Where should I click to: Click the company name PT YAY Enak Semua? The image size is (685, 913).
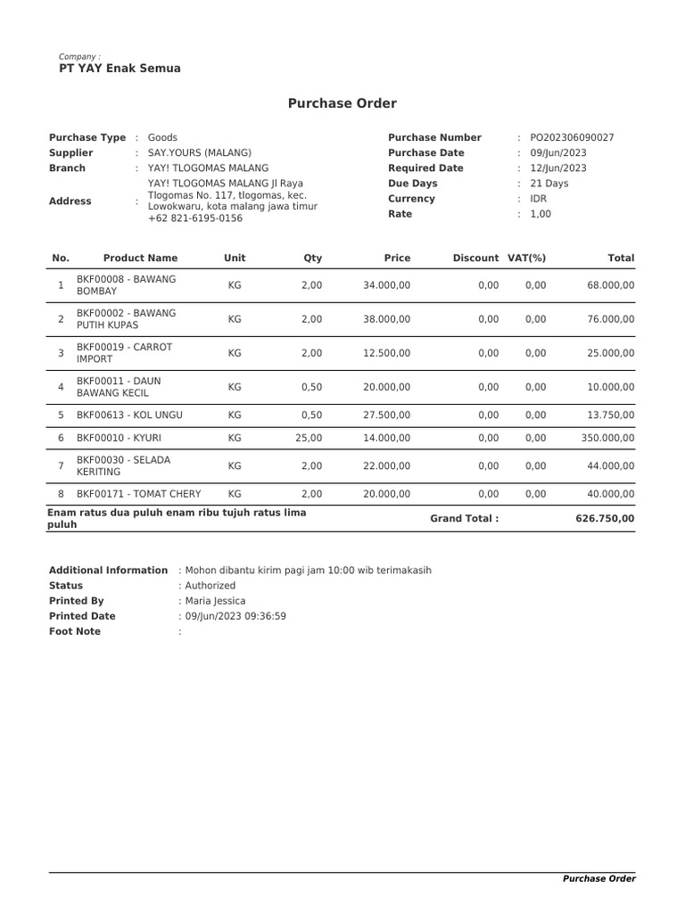point(120,69)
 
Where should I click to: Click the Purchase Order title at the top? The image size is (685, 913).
point(342,103)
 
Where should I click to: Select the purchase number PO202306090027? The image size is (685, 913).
point(572,137)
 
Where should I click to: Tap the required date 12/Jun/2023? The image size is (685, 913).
point(558,168)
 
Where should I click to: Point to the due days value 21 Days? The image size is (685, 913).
point(549,184)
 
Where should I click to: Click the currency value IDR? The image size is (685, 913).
point(539,199)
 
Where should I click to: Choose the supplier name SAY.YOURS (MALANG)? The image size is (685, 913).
point(200,152)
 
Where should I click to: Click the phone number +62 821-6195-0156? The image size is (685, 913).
point(194,218)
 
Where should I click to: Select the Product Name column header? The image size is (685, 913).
point(140,258)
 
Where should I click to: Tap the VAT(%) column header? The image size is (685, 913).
point(526,258)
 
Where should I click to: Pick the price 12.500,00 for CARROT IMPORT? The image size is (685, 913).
point(386,353)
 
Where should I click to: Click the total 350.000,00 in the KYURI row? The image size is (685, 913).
point(604,438)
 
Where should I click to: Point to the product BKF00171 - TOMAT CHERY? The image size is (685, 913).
point(138,494)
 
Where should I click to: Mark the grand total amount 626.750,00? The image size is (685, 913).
point(605,518)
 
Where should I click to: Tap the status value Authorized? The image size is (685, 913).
point(210,586)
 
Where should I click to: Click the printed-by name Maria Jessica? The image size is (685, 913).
point(215,601)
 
